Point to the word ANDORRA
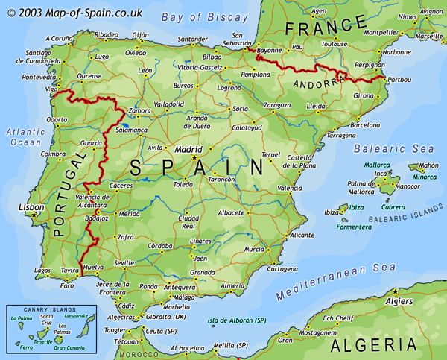[x=314, y=83]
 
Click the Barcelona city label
[x=364, y=125]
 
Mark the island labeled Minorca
[x=425, y=177]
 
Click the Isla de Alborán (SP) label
[x=237, y=320]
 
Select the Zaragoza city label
[x=277, y=106]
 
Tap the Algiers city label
[x=399, y=301]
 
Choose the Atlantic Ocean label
[x=25, y=136]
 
